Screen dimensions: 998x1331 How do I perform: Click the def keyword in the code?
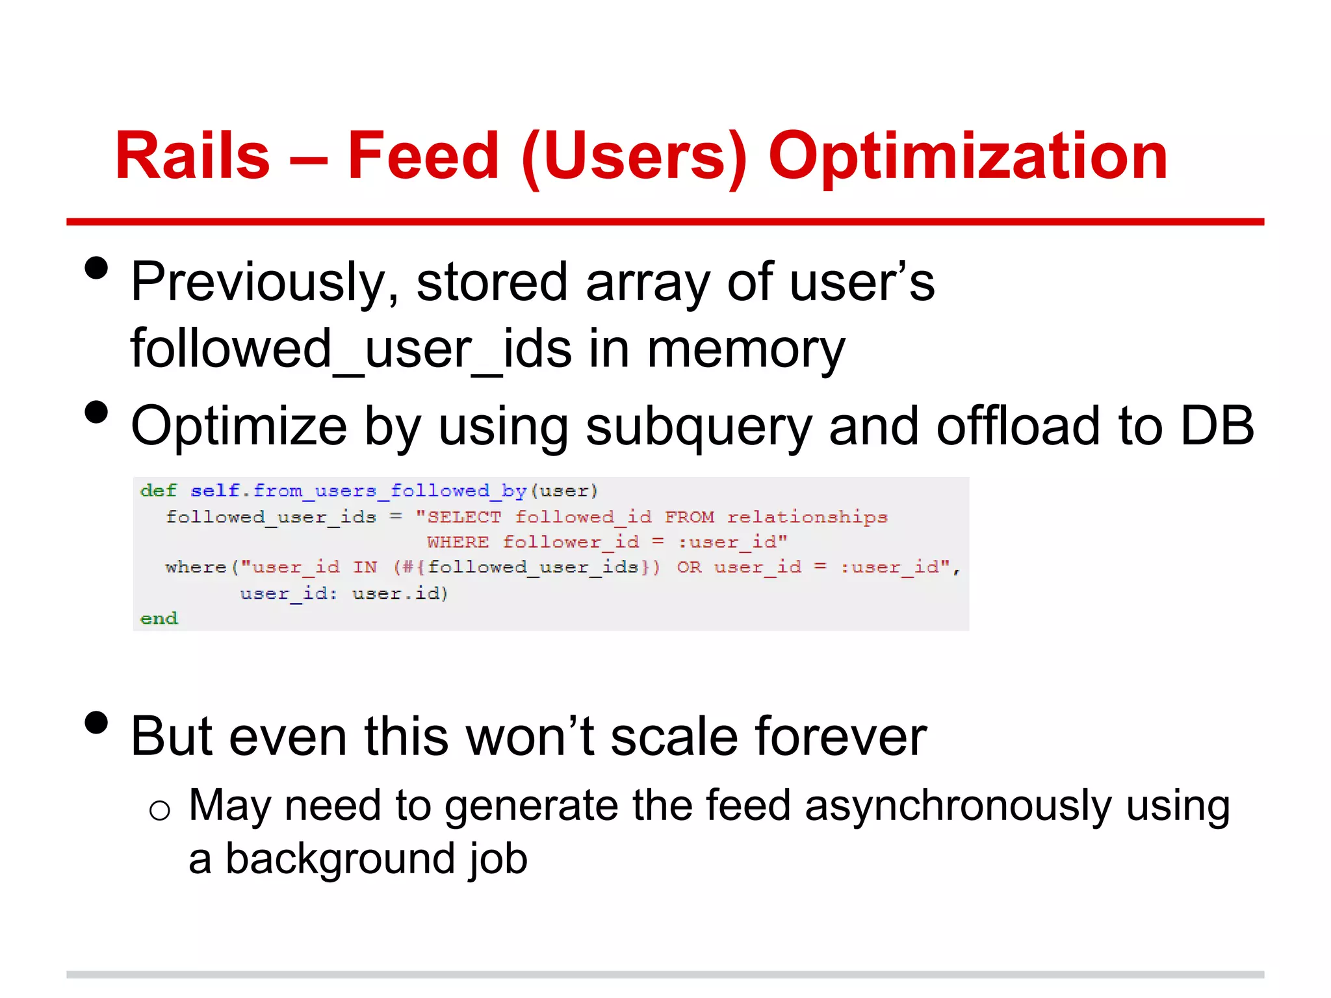(158, 491)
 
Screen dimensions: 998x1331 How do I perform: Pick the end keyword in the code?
(159, 618)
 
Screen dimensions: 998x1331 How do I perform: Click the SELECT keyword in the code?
(464, 517)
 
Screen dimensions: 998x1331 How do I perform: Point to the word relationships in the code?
(807, 517)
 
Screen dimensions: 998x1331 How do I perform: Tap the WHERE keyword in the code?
(458, 542)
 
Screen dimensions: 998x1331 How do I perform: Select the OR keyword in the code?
(689, 567)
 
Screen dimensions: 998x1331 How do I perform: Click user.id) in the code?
(400, 593)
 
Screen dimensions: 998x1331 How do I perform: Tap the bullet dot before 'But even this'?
(96, 723)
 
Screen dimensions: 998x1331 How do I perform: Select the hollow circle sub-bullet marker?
(159, 810)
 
